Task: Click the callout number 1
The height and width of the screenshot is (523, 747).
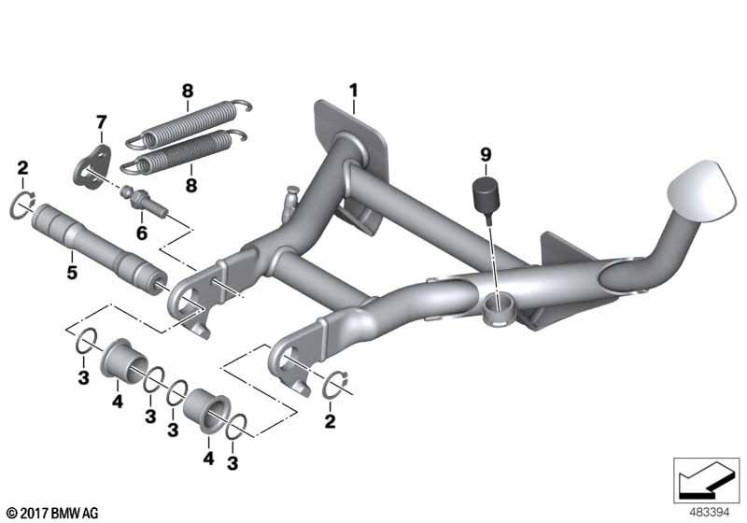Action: tap(353, 91)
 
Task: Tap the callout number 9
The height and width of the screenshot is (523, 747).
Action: tap(486, 154)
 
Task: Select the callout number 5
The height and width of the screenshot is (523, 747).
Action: tap(72, 273)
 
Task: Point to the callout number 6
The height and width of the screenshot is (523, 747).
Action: tap(142, 233)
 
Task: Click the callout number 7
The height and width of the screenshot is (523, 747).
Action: tap(101, 122)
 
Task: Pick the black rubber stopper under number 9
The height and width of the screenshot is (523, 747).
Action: tap(486, 195)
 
